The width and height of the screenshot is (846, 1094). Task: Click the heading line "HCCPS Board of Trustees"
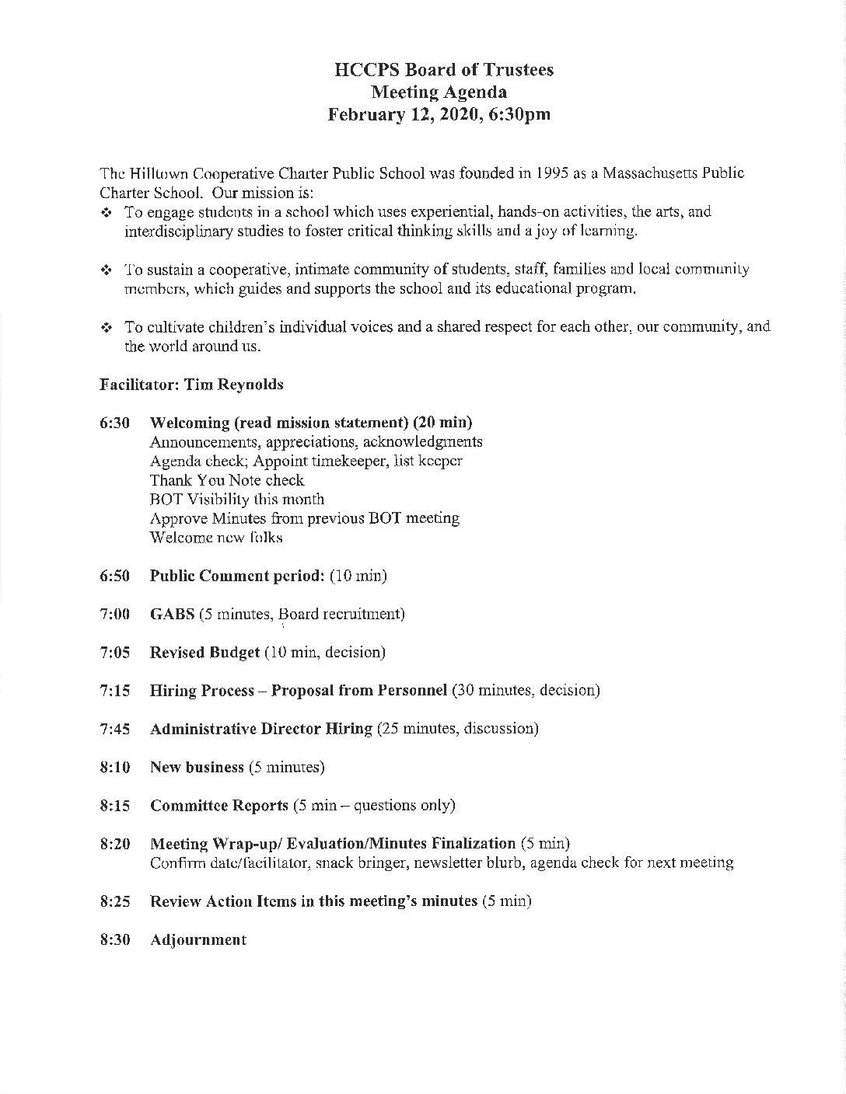443,70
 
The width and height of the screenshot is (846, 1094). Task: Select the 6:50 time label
114,576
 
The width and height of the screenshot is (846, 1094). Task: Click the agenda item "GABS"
172,614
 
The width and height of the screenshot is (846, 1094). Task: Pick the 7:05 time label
114,652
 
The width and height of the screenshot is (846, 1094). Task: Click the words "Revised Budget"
205,652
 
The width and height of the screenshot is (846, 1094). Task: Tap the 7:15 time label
114,690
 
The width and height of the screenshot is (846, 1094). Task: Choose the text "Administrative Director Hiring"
260,729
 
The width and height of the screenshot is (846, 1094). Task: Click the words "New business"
197,767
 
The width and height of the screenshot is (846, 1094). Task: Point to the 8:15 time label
114,805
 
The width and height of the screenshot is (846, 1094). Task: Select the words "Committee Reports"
218,805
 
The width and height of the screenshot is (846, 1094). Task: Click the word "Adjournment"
198,939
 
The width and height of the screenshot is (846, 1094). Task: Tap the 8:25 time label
114,901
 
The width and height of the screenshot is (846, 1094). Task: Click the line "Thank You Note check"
226,480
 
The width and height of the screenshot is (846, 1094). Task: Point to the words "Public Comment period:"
236,576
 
